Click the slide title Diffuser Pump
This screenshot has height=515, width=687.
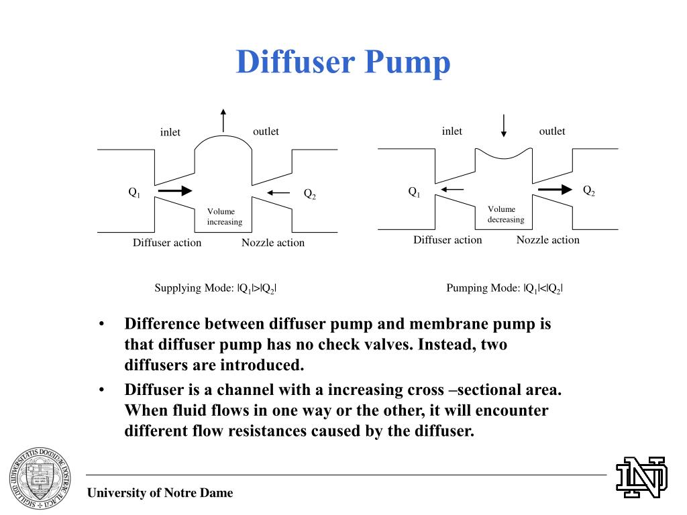(343, 62)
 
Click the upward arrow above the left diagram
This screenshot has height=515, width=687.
(223, 121)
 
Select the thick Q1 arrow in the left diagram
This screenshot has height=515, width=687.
(175, 191)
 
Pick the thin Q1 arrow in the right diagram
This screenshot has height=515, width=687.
(452, 190)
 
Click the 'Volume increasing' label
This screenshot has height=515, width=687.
(224, 217)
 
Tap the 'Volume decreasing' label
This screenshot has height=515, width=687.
(505, 214)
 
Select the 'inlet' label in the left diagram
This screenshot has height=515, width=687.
(170, 132)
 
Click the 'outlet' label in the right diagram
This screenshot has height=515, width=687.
(552, 131)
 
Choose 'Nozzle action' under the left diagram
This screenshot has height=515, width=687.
(273, 243)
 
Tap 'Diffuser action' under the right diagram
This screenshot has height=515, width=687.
(447, 239)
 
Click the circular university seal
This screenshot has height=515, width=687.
(38, 476)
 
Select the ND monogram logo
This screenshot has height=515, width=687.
(642, 477)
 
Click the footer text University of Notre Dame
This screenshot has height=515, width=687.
(160, 493)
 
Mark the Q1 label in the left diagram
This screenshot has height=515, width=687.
(135, 192)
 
